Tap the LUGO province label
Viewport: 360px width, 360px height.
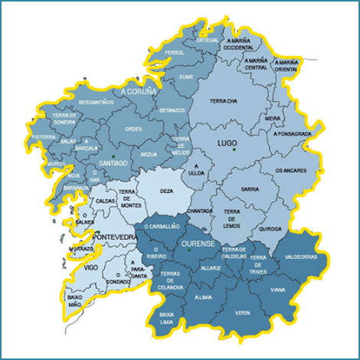pos(227,143)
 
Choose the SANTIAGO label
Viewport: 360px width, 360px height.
pos(113,162)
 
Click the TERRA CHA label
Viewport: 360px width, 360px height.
pos(224,101)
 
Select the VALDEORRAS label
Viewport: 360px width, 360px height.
pos(299,259)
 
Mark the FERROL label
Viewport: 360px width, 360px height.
pos(175,53)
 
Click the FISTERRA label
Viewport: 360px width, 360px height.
pos(44,137)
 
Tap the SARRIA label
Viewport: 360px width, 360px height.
pos(250,188)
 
